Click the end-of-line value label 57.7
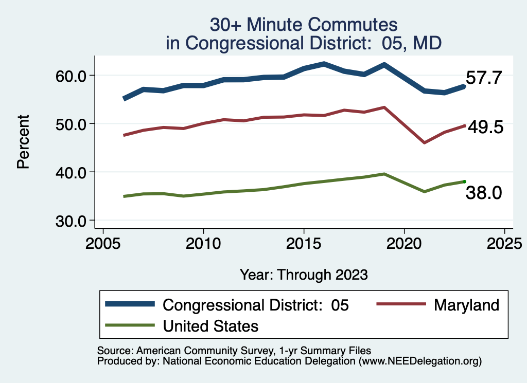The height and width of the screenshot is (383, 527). point(483,78)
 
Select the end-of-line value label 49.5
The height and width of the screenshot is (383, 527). point(485,127)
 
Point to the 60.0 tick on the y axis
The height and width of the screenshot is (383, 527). point(72,76)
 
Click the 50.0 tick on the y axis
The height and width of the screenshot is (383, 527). point(72,124)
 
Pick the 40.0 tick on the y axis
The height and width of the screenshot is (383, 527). point(72,172)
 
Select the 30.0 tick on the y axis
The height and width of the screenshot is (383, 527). point(72,220)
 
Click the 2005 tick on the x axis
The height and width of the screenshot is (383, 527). point(103,242)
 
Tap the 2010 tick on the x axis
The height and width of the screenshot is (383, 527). point(203,242)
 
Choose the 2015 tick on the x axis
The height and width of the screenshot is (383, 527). point(304,242)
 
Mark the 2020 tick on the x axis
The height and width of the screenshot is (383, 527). point(404,242)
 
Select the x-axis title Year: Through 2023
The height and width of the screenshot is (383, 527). point(304,275)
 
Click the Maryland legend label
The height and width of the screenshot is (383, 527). point(466,305)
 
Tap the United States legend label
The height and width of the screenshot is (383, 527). point(210,325)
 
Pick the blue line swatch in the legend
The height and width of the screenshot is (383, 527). point(130,304)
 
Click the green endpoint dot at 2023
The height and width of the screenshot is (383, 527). point(464,181)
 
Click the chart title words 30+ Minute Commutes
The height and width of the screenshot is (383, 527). point(304,25)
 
